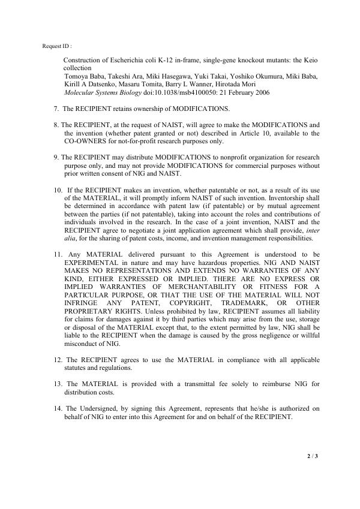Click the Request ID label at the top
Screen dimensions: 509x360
coord(58,46)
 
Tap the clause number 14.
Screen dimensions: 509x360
coord(58,407)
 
